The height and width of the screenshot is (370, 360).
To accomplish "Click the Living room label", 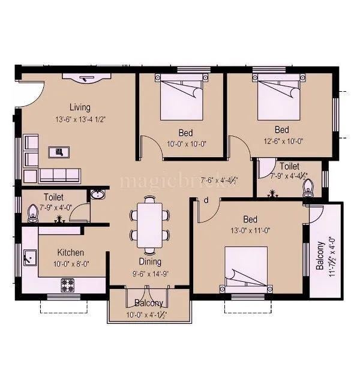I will (79, 107).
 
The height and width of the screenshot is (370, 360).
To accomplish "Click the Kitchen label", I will (70, 252).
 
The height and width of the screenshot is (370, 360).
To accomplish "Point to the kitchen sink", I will (28, 258).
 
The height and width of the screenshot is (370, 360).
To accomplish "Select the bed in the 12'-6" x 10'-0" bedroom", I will (278, 96).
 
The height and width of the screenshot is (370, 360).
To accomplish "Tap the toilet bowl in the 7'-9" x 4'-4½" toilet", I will (310, 188).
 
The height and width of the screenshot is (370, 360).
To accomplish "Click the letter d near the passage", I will (206, 201).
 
